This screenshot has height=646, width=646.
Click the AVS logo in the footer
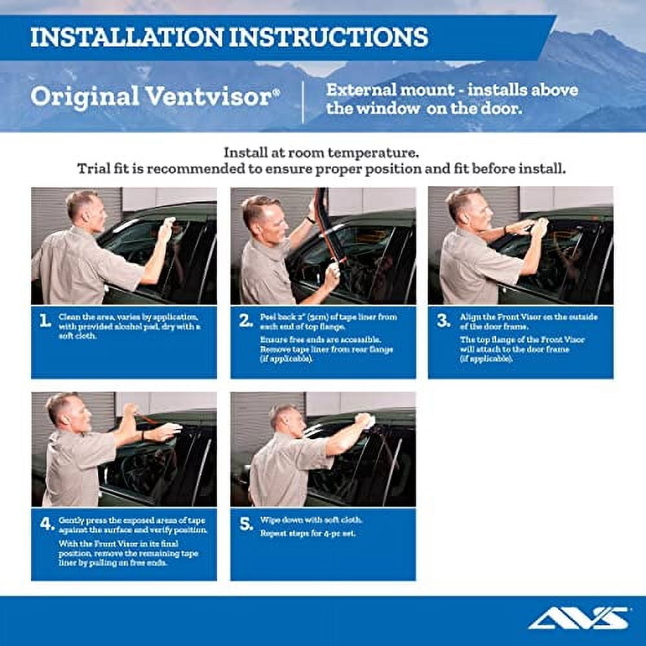click(x=578, y=618)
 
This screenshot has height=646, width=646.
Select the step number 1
click(x=45, y=321)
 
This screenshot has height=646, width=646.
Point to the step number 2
click(x=245, y=321)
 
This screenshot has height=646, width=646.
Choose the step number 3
click(x=443, y=321)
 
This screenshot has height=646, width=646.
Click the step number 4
click(x=47, y=524)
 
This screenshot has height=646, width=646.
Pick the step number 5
click(x=246, y=524)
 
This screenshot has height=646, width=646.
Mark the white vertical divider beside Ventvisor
click(x=304, y=102)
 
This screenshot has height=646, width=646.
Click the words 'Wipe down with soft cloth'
click(x=311, y=520)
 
